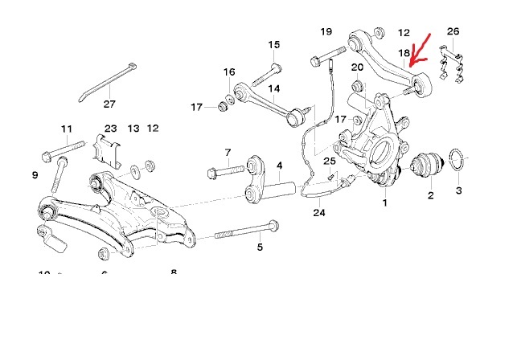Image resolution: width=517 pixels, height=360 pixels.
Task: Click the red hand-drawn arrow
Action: (420, 48)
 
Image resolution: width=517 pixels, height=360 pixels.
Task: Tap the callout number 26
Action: (453, 32)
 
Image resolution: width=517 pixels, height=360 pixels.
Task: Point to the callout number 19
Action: (326, 31)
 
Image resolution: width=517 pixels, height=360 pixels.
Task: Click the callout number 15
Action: (274, 45)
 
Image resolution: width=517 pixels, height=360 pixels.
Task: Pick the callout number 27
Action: (109, 103)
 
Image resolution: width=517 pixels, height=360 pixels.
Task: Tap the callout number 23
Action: (110, 128)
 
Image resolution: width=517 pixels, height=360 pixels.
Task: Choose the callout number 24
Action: (320, 213)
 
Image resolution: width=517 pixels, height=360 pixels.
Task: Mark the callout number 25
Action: (329, 162)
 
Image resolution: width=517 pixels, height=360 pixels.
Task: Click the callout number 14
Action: (274, 88)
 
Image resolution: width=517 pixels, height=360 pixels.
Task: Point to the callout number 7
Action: (228, 153)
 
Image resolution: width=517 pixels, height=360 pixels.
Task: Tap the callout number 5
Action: (260, 247)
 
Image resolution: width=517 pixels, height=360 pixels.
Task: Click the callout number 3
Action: (458, 190)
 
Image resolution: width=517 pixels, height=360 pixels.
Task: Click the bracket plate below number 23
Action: (109, 151)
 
